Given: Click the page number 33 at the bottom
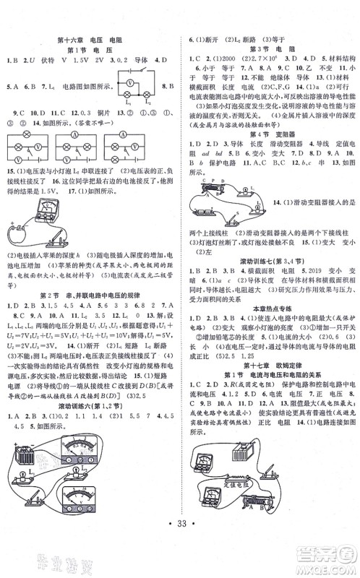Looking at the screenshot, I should tap(181, 540).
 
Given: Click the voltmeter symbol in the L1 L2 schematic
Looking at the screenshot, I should tap(143, 83).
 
